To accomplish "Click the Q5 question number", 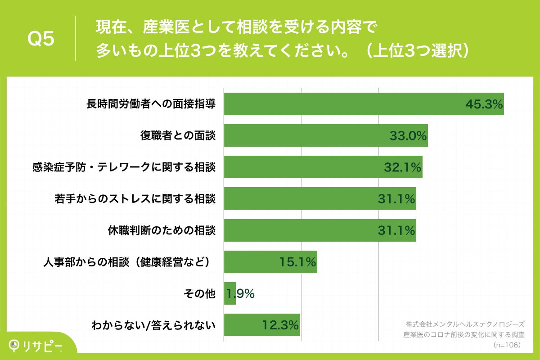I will click(x=41, y=39).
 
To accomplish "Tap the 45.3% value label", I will click(x=483, y=105).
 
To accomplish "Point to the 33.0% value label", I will click(x=408, y=136).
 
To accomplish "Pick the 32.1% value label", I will click(x=402, y=167).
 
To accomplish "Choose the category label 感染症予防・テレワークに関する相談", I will click(x=124, y=167).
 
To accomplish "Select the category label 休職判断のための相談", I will click(x=162, y=231).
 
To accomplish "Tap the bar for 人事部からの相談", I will click(x=270, y=262).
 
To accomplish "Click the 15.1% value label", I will click(x=297, y=262).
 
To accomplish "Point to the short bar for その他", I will click(x=230, y=293).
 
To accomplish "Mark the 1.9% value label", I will click(x=240, y=294).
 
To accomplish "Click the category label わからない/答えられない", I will click(x=153, y=325).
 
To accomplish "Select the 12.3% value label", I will click(x=280, y=325).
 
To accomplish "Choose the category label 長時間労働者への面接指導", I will click(x=151, y=104).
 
